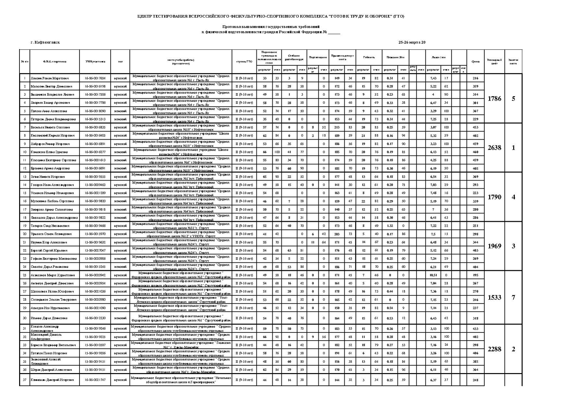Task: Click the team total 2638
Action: pyautogui.click(x=494, y=148)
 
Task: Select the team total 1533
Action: pyautogui.click(x=494, y=297)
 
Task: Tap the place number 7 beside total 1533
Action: pyautogui.click(x=513, y=297)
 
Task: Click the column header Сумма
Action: pyautogui.click(x=476, y=61)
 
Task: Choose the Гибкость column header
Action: pyautogui.click(x=369, y=57)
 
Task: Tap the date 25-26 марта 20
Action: pyautogui.click(x=412, y=42)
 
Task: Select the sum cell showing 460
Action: pyautogui.click(x=476, y=152)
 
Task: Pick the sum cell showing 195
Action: pyautogui.click(x=476, y=275)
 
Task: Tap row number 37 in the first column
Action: pyautogui.click(x=25, y=380)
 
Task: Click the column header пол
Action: pyautogui.click(x=120, y=61)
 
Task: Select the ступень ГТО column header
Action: pyautogui.click(x=244, y=61)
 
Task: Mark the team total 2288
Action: pyautogui.click(x=494, y=349)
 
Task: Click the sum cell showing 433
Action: pyautogui.click(x=476, y=329)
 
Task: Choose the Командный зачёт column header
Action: pyautogui.click(x=494, y=61)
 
